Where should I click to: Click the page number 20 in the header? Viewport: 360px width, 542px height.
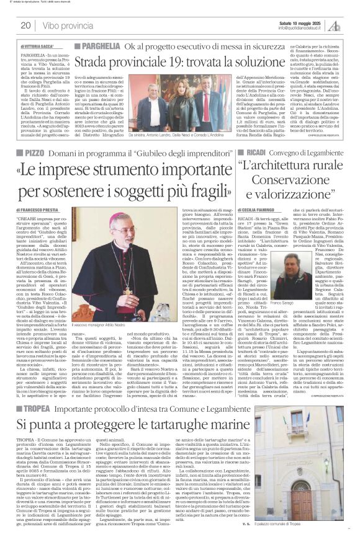click(25, 25)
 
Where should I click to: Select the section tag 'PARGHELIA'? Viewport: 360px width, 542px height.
click(98, 47)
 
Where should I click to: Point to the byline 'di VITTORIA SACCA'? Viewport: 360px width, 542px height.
click(37, 47)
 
